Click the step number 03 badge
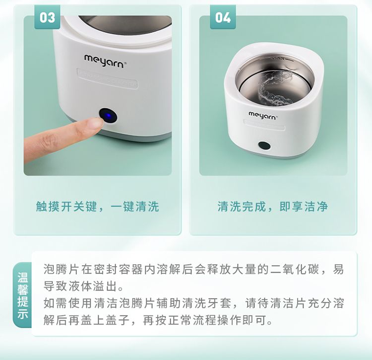pos(47,17)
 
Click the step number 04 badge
pos(223,17)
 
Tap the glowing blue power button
pos(108,116)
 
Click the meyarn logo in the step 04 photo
pos(263,115)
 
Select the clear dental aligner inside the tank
pos(275,88)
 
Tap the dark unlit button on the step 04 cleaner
pos(264,145)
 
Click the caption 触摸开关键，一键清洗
pos(97,206)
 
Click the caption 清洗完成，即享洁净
pos(273,206)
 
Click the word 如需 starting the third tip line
pos(56,303)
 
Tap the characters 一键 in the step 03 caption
pos(123,206)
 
